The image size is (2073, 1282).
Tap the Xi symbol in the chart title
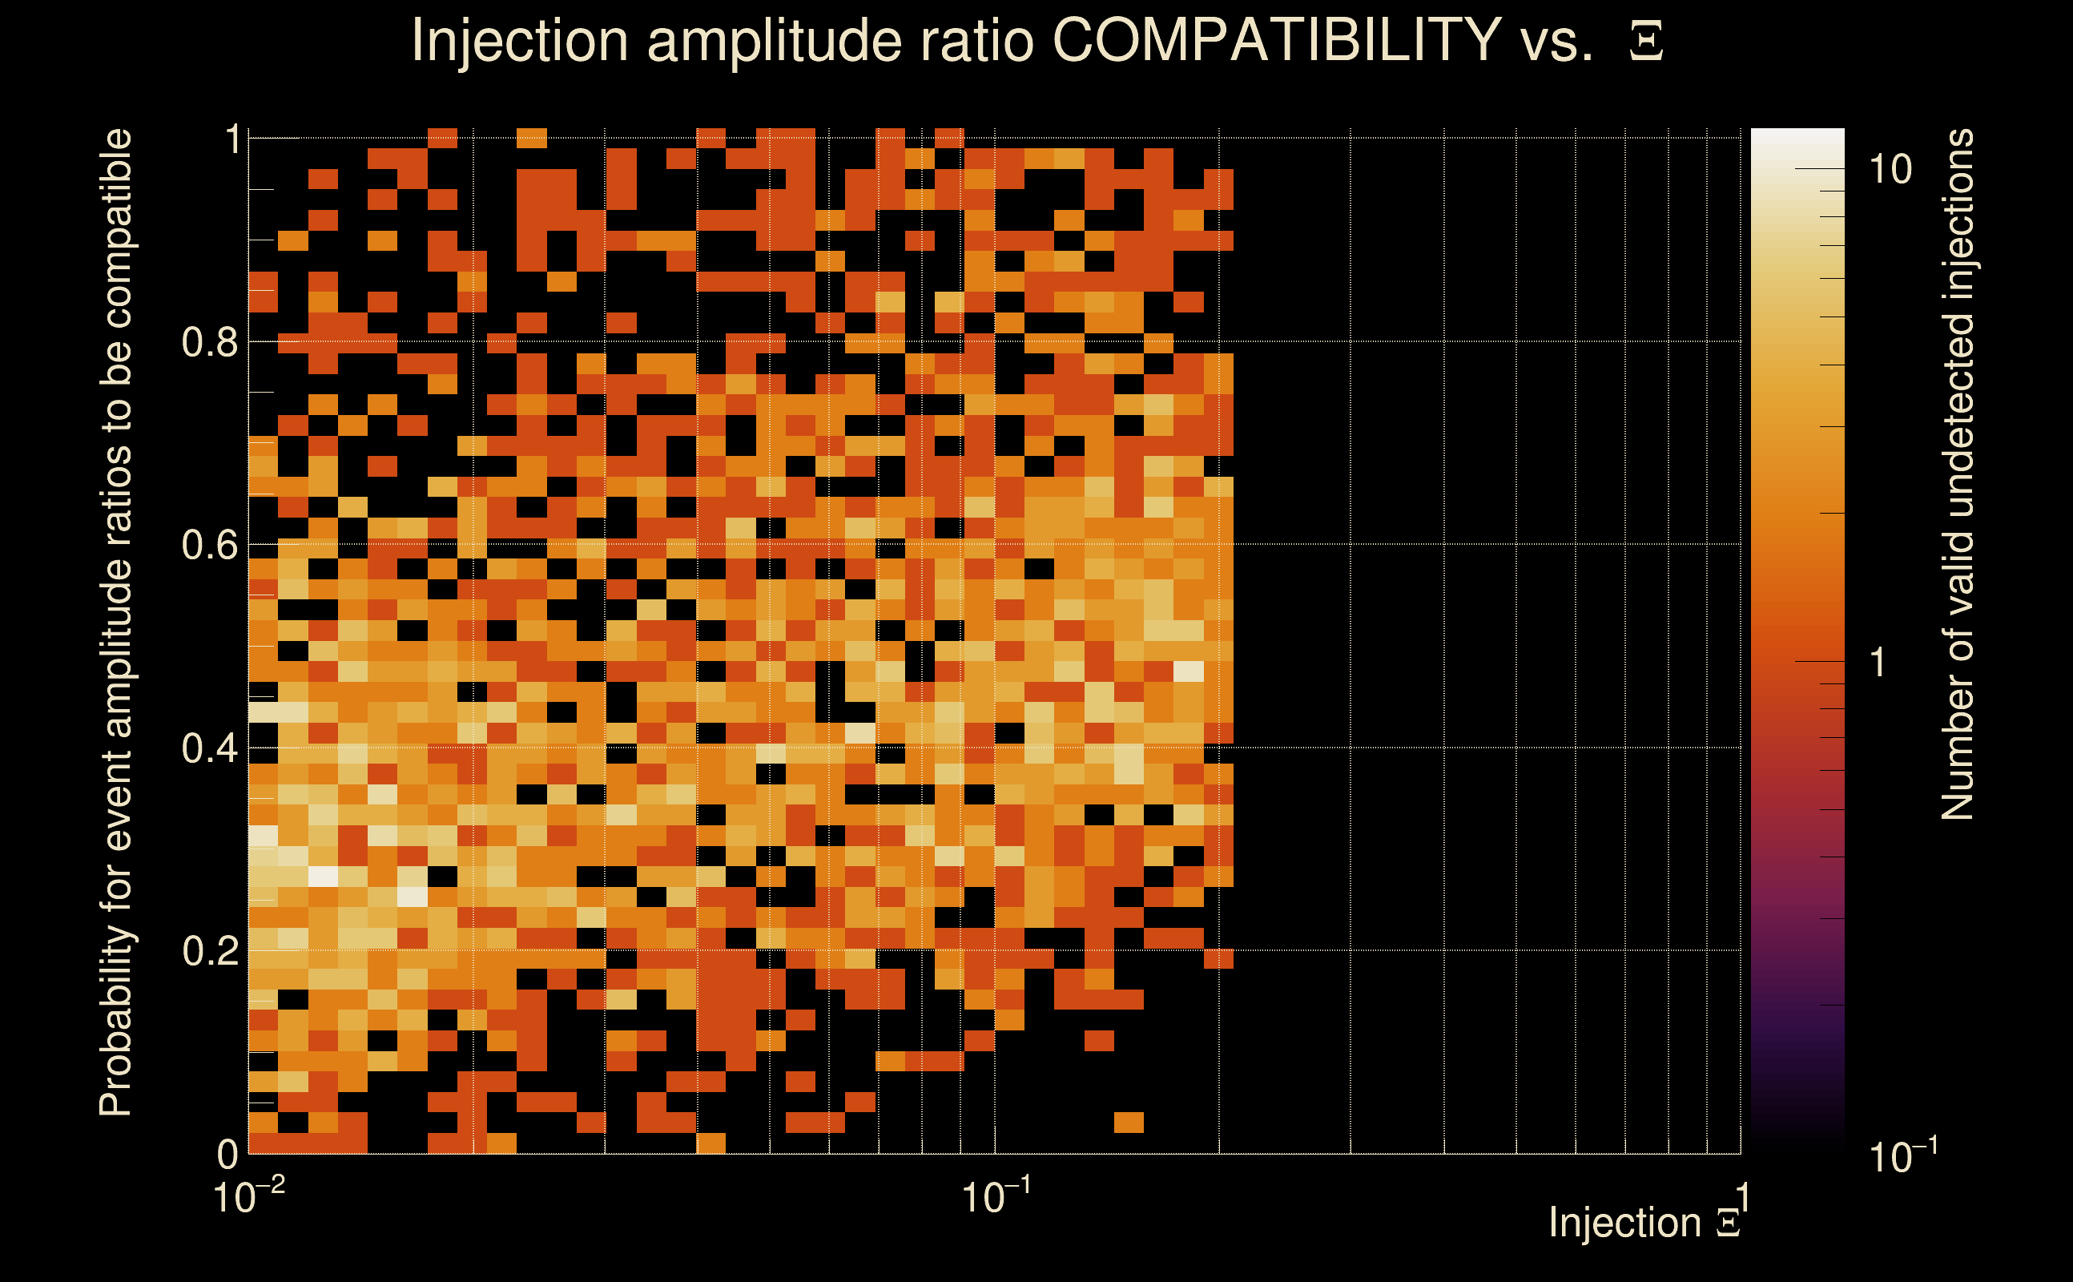1646,42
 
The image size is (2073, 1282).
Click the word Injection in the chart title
520,42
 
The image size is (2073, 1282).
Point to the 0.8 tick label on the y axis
209,343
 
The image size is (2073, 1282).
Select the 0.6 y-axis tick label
209,545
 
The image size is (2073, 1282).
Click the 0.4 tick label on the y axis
209,748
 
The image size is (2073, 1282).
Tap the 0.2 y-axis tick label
209,951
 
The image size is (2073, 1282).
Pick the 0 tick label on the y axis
228,1155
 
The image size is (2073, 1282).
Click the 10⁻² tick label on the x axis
248,1197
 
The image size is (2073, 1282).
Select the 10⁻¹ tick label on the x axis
995,1197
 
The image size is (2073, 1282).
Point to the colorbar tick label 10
1890,171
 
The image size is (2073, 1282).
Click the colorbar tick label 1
1878,662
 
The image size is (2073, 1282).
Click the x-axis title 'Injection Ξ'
1644,1224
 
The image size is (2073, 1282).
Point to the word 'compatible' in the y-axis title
116,228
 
